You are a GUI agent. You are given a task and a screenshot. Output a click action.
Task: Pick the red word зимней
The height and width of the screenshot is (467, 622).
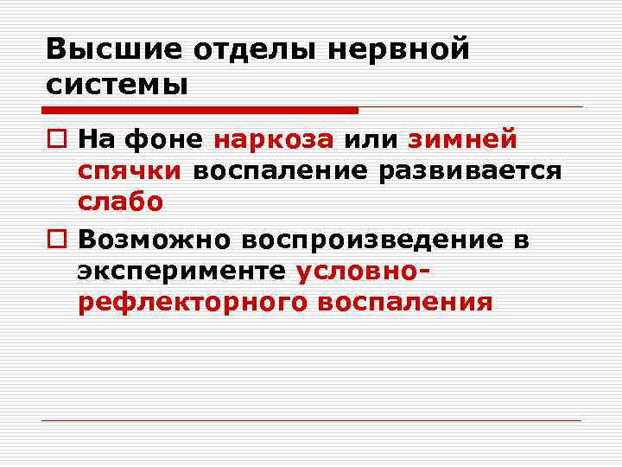462,138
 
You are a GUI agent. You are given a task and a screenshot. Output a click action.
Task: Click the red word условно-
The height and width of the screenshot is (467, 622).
364,272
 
